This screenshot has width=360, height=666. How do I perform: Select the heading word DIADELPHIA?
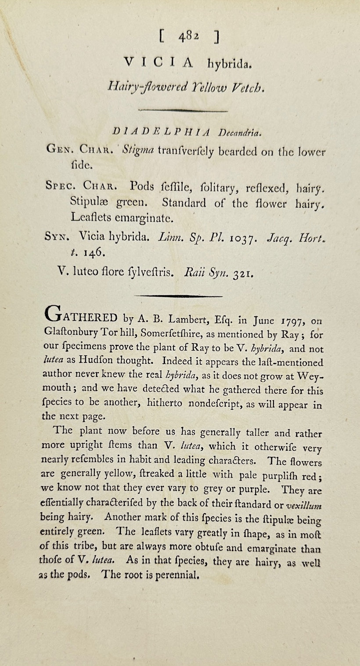(162, 131)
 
